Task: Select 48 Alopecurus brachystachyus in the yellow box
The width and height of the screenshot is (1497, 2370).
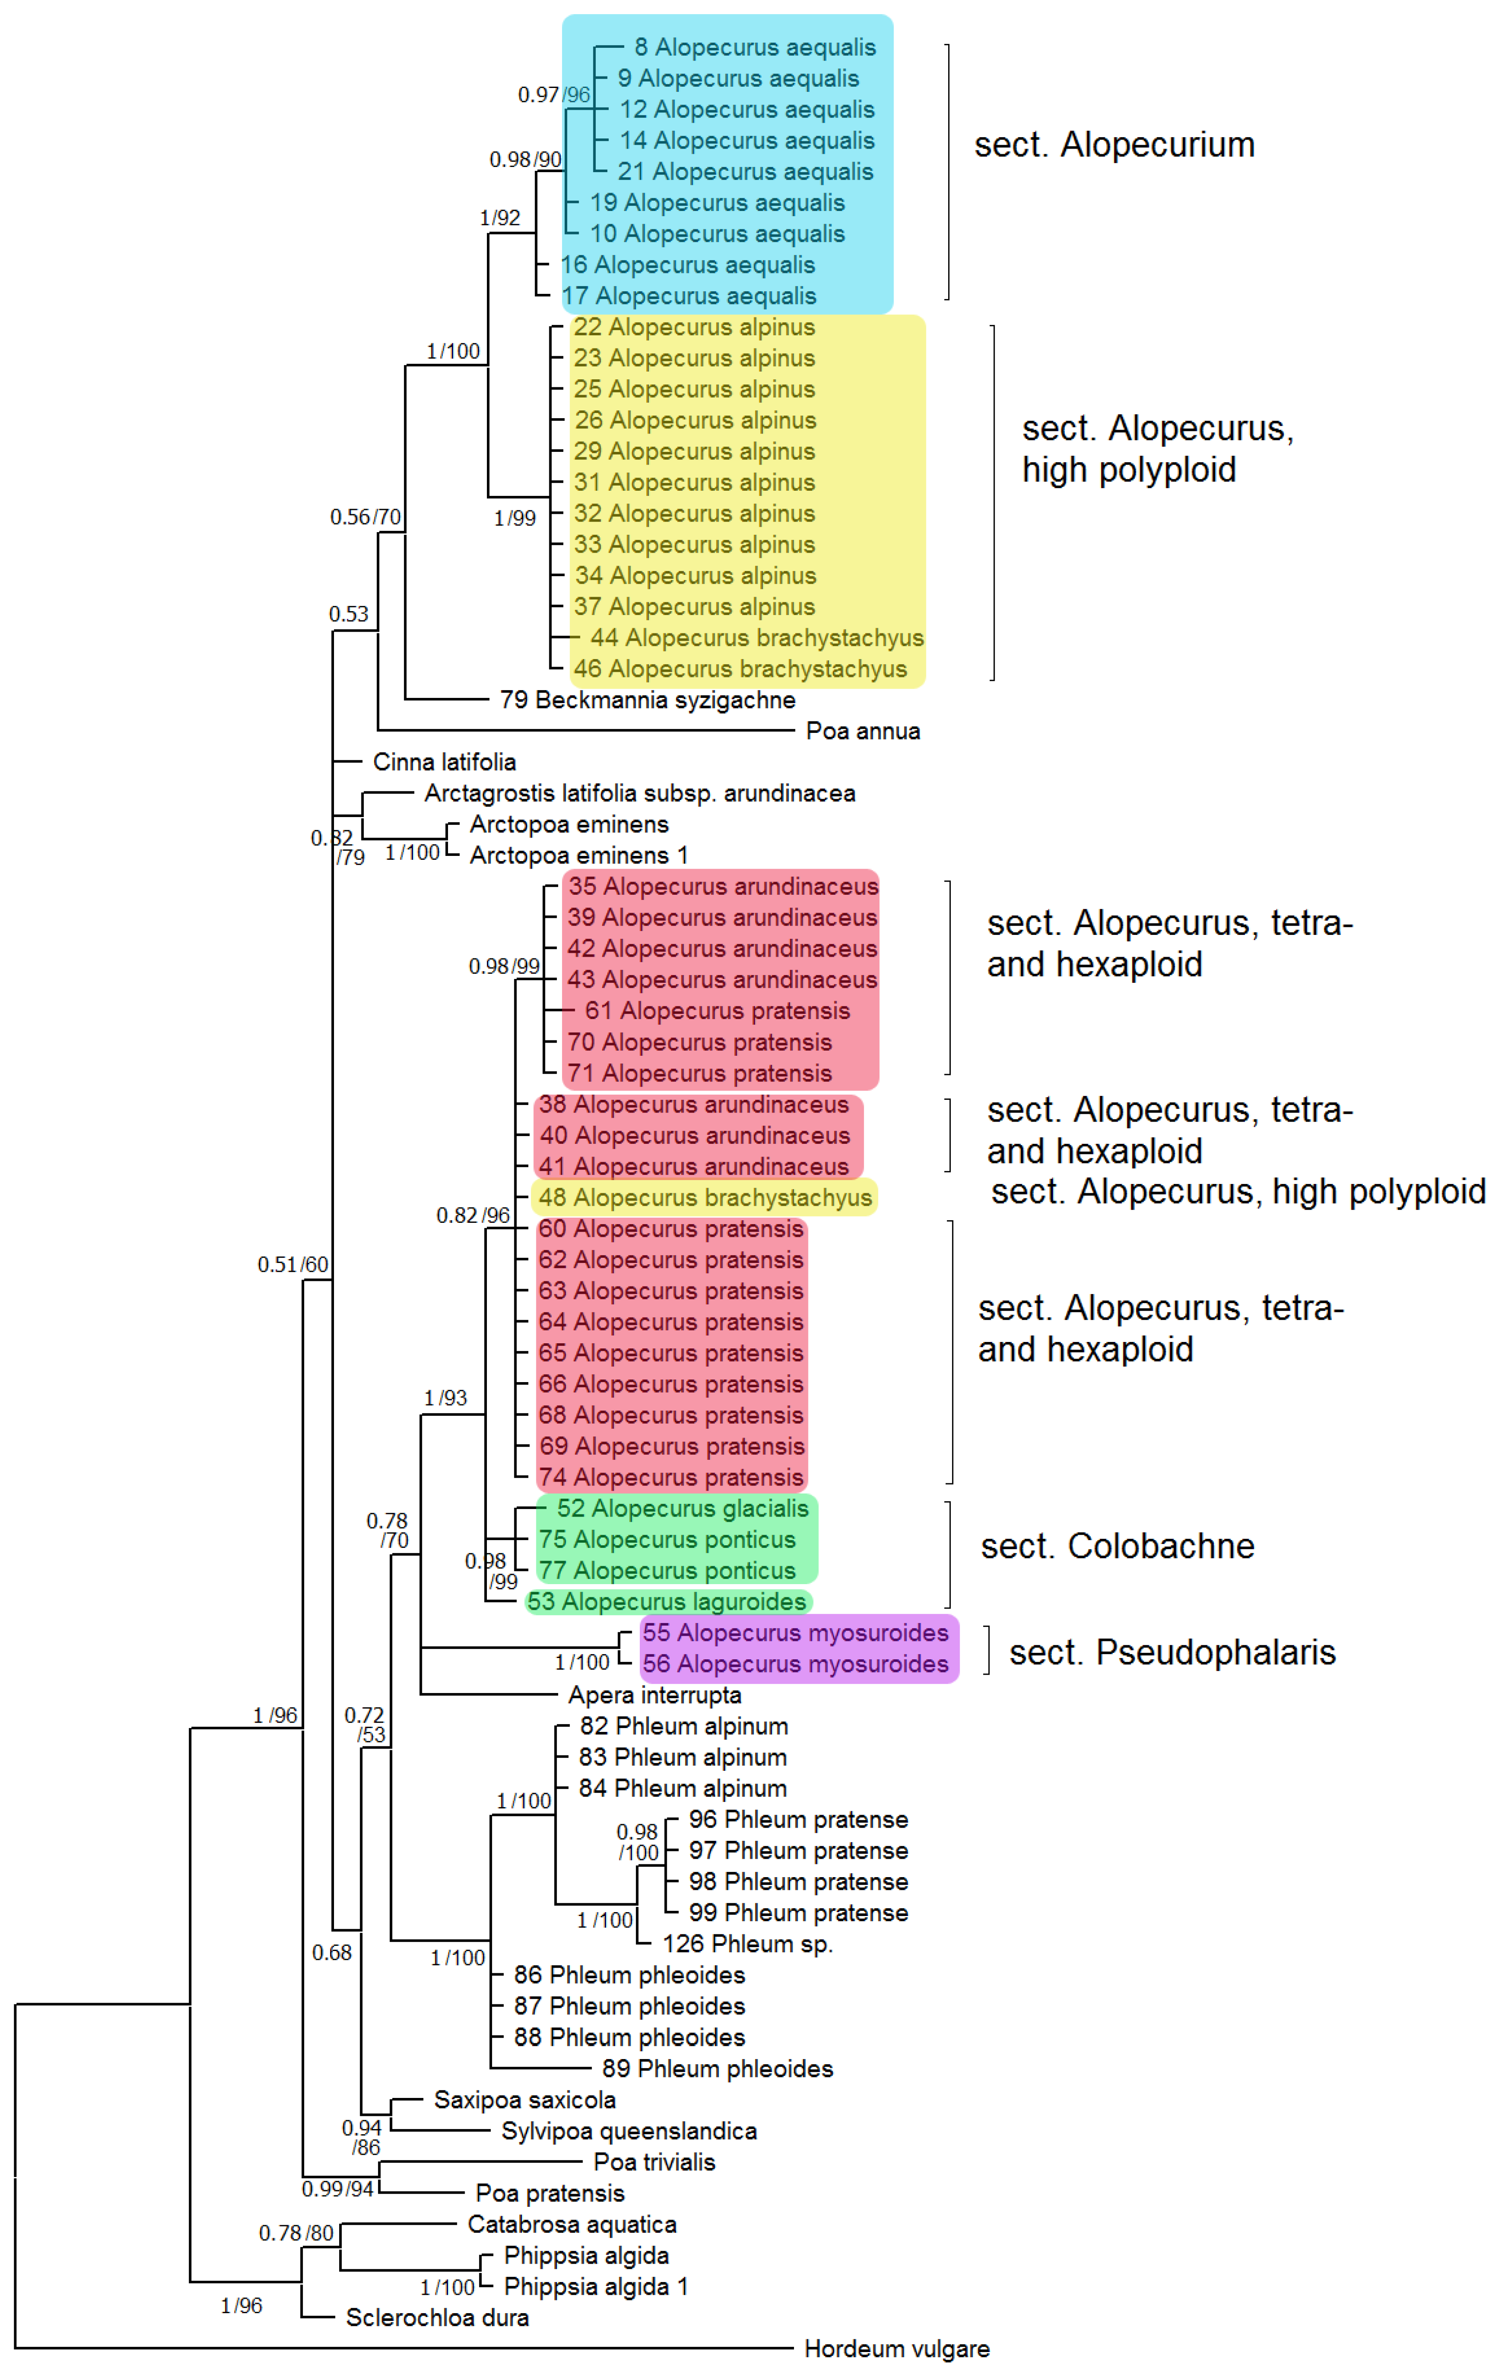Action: [x=705, y=1198]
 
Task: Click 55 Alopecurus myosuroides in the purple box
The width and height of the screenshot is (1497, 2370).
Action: [x=795, y=1633]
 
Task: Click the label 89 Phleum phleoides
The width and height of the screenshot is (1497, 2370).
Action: [x=718, y=2069]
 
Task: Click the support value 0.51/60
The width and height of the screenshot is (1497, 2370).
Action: [x=292, y=1265]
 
